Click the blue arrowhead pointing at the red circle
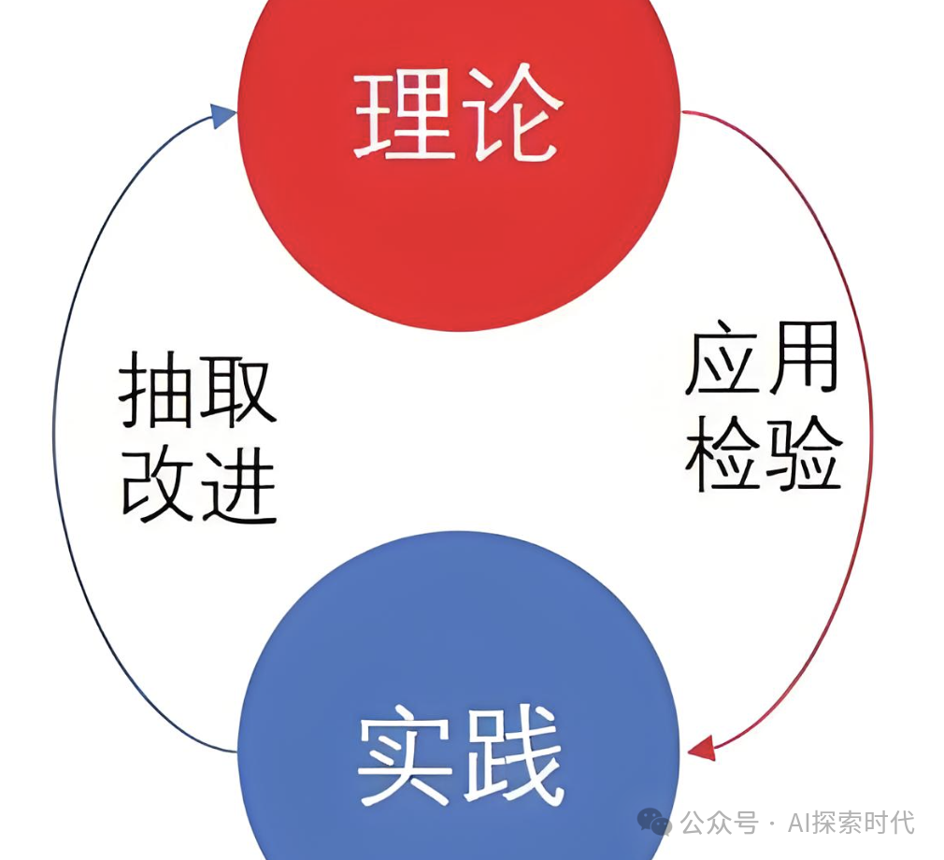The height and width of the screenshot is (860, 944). [222, 115]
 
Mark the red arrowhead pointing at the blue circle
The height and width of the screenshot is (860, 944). [702, 748]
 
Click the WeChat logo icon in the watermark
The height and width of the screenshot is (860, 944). [653, 823]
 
